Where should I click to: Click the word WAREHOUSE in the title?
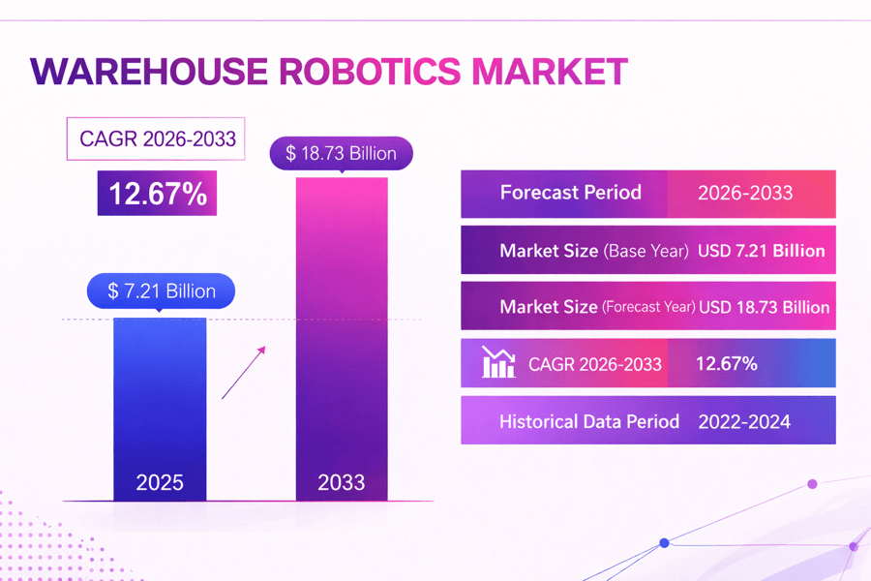(148, 73)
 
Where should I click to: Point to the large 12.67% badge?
(157, 194)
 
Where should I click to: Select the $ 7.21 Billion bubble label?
(161, 290)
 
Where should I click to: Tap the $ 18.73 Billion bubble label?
(341, 154)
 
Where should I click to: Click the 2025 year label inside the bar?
(160, 481)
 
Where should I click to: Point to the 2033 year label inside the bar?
(341, 481)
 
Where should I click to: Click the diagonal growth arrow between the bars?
(243, 371)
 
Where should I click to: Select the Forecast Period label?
(570, 192)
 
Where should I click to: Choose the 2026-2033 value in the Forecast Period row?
(744, 193)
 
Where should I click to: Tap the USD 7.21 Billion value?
(762, 251)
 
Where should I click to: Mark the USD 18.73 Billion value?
(764, 307)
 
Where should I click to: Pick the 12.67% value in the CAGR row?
(726, 364)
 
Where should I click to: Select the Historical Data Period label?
(589, 421)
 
